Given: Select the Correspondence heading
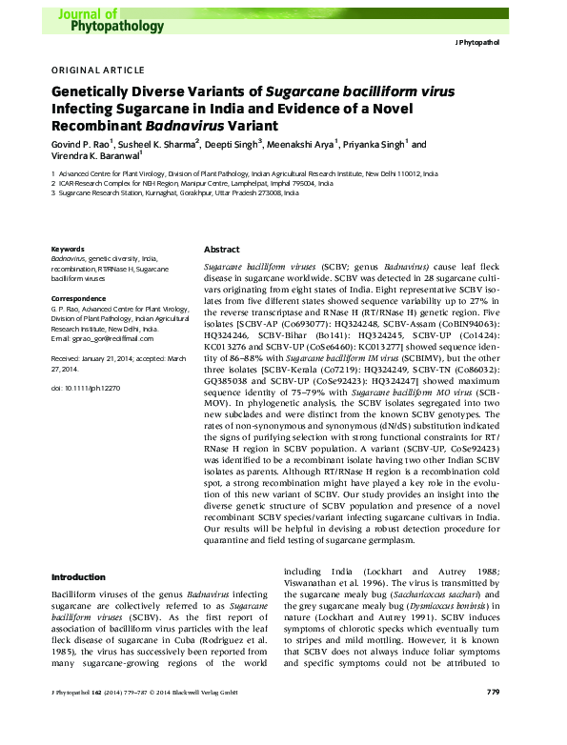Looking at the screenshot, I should [77, 298].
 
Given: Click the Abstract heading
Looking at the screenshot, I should [222, 248].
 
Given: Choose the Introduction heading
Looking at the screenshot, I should [78, 576].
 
